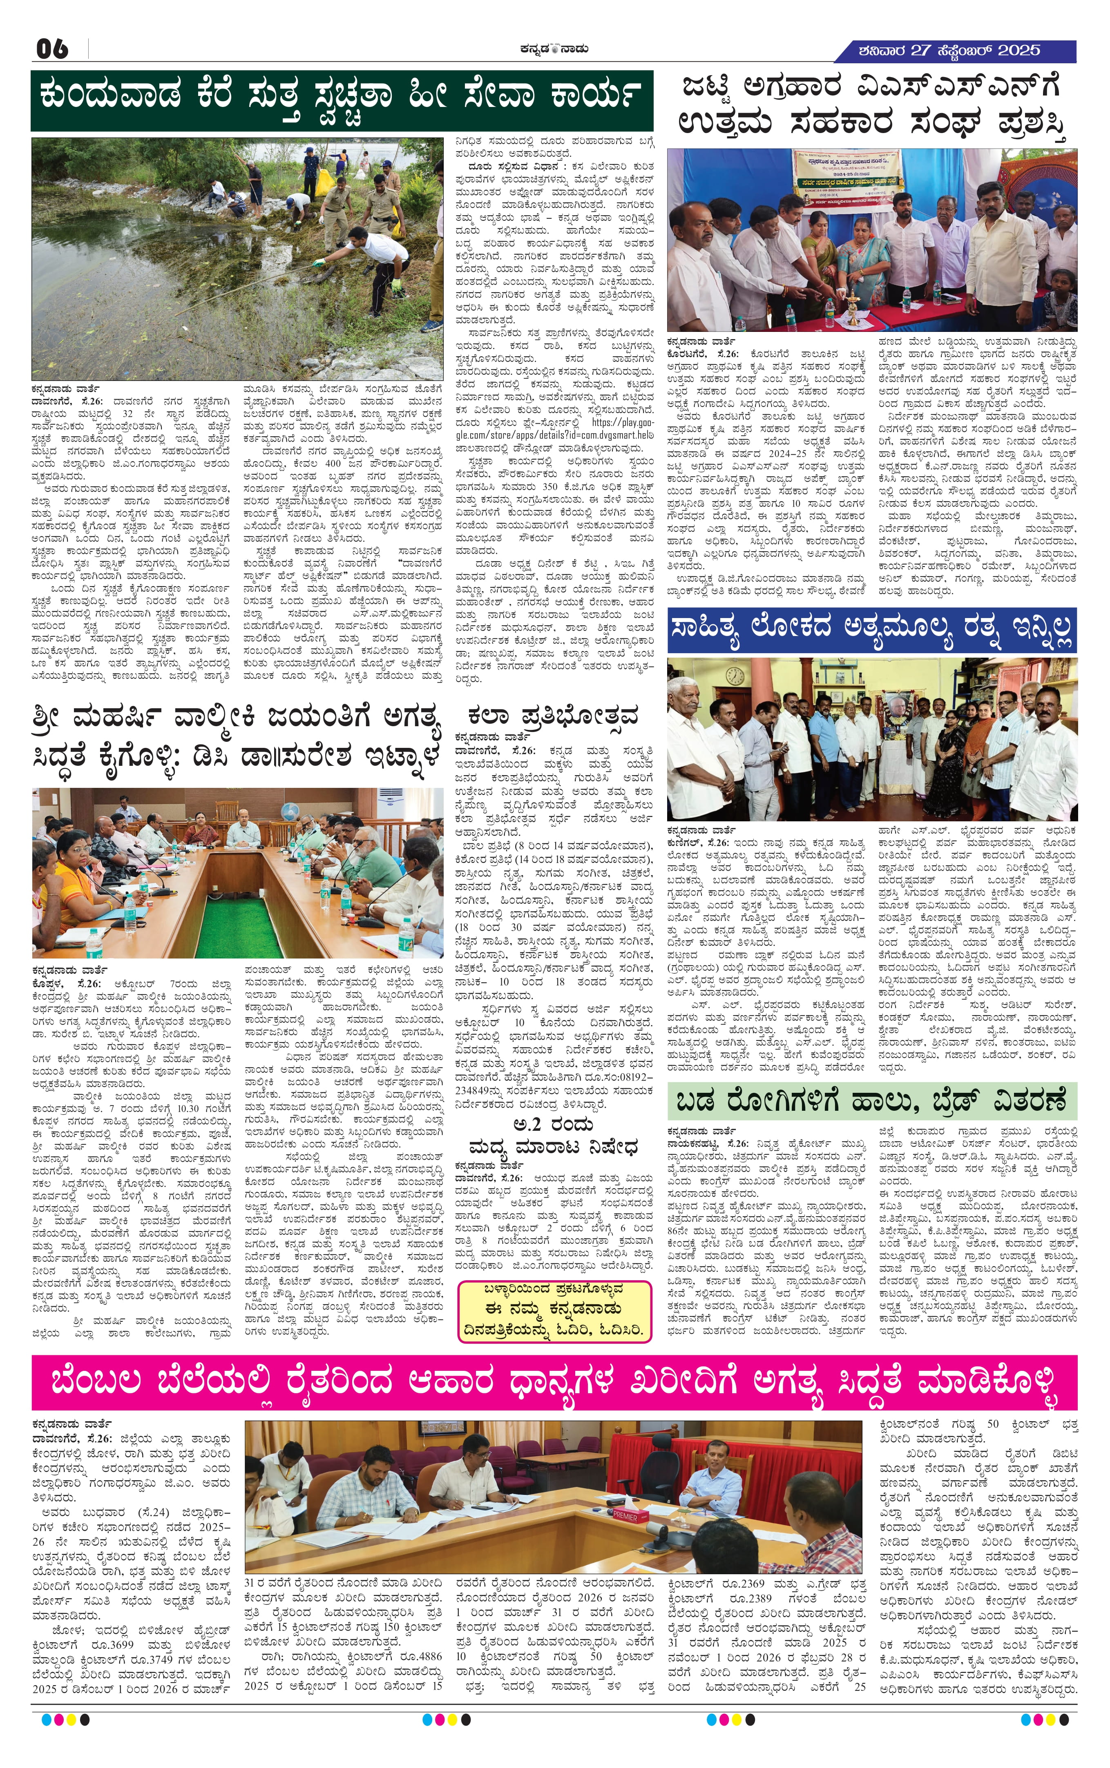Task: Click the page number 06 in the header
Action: (53, 49)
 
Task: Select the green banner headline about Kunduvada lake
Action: (342, 100)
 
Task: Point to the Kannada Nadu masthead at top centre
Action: (554, 49)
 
